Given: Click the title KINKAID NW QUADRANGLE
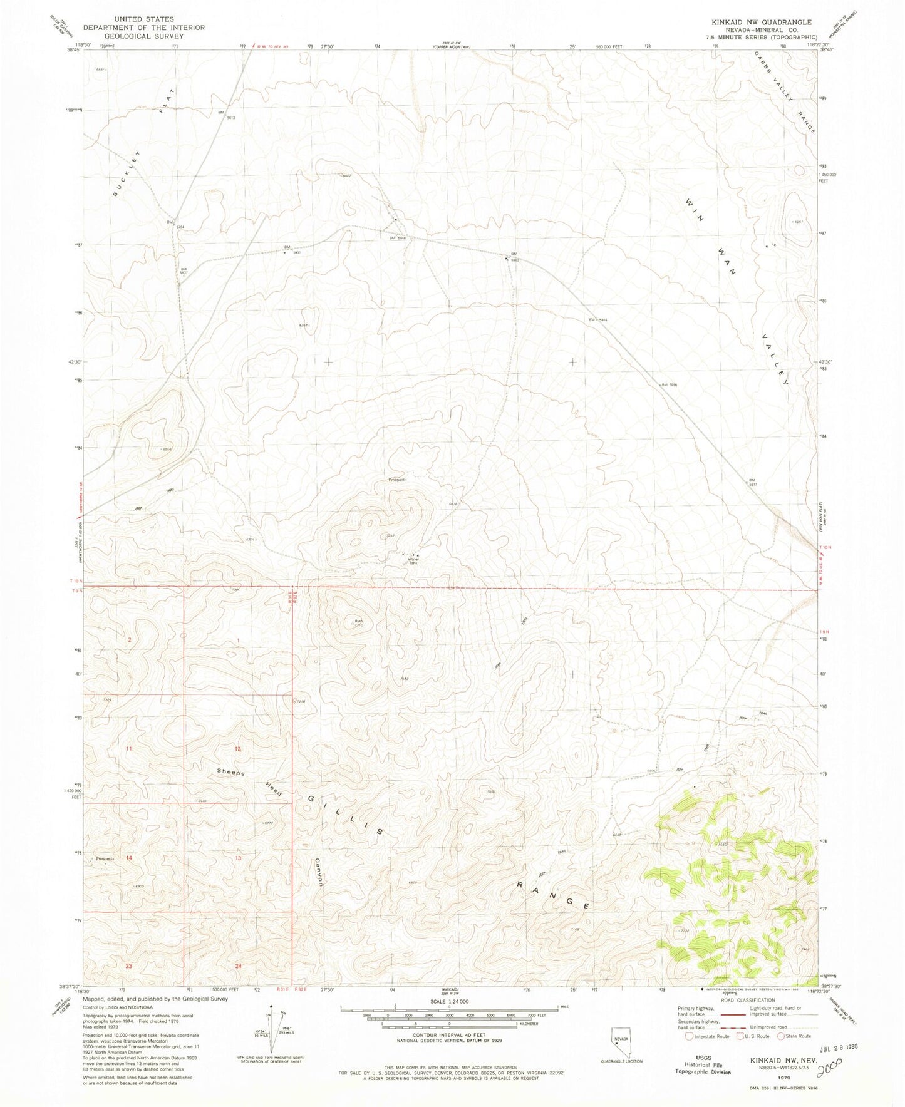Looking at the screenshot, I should (757, 22).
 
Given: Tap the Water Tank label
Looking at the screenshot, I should (413, 561).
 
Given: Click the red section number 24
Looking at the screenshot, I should (239, 966).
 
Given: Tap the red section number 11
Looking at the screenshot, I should (128, 749).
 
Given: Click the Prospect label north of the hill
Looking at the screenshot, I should (397, 480).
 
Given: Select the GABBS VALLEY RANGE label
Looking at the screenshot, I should (786, 91).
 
